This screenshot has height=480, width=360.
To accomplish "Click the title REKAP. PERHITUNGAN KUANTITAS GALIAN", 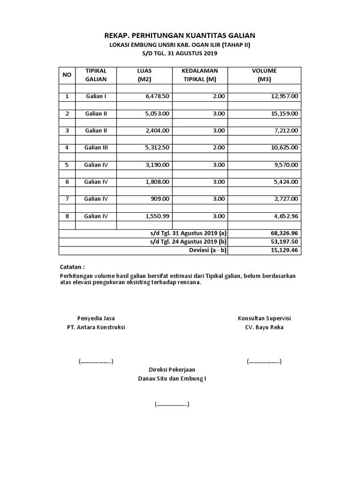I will click(180, 36).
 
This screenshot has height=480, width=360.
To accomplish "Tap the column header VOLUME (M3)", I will click(264, 75).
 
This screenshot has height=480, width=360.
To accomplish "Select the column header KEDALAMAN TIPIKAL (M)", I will click(200, 75).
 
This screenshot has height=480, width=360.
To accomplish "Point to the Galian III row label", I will click(96, 148).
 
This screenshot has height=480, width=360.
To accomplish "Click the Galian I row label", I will click(96, 97).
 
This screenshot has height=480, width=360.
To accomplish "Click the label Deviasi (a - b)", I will click(208, 250).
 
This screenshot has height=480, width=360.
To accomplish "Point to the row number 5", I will click(67, 165).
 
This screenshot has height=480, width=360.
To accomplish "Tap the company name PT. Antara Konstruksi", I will click(96, 327).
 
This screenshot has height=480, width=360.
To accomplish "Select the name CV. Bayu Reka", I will click(264, 327).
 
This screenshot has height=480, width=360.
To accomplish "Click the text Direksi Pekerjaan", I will click(172, 369).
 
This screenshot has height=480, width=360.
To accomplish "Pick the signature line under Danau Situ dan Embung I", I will click(172, 404).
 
